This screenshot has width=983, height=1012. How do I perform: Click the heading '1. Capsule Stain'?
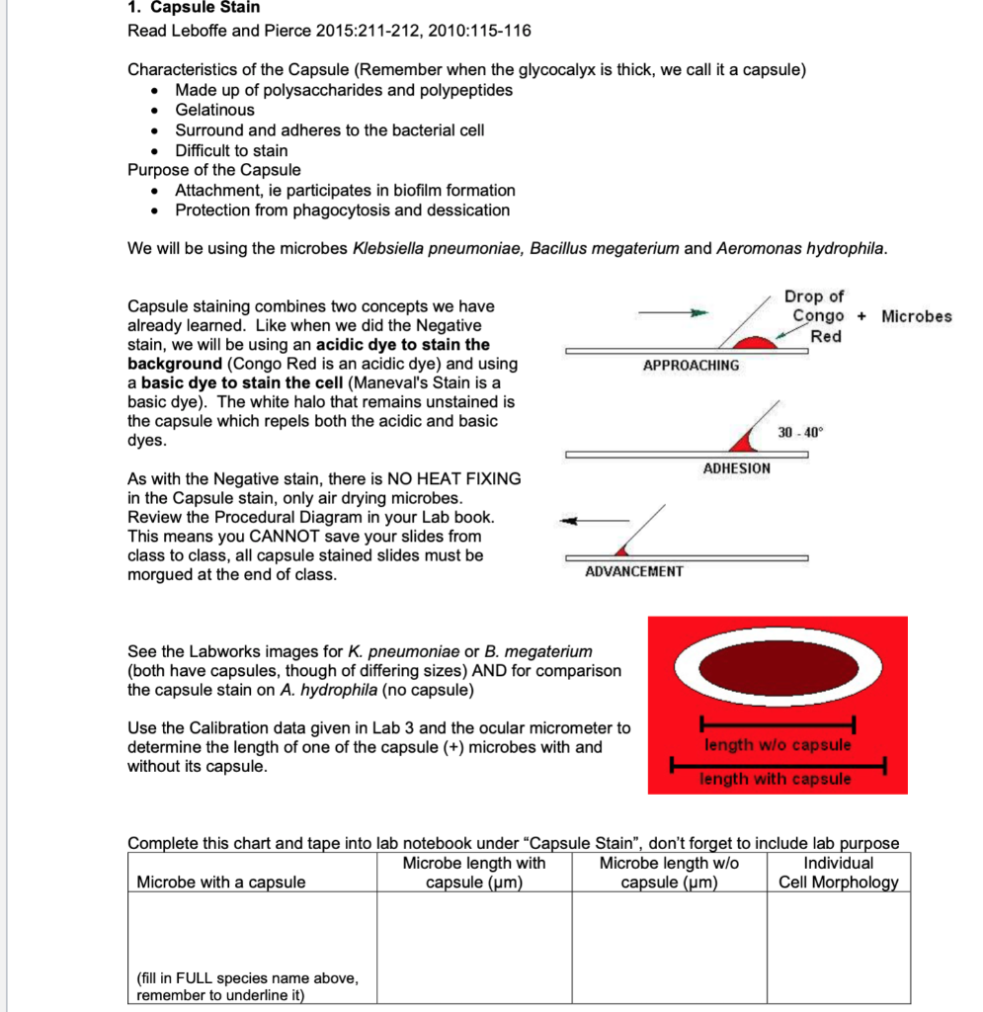coord(194,8)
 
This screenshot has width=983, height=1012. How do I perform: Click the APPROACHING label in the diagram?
coord(691,366)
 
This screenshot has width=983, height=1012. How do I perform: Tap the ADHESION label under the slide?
coord(736,468)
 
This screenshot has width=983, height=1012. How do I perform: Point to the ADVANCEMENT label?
coord(633,571)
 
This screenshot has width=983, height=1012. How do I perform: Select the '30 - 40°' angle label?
coord(799,433)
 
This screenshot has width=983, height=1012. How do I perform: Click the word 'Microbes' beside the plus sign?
coord(916,316)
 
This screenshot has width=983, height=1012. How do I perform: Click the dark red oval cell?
coord(777,668)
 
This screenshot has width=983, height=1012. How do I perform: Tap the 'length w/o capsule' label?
coord(777,744)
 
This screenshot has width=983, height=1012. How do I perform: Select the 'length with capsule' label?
coord(776,779)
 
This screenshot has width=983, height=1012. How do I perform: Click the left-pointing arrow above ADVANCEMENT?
coord(594,520)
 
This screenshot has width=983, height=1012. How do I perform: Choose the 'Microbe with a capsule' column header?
coord(221,883)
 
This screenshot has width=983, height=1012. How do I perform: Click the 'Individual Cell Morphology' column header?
coord(838,873)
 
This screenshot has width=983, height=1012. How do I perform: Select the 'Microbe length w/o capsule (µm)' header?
coord(669,873)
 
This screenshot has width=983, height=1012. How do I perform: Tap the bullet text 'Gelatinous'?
coord(214,111)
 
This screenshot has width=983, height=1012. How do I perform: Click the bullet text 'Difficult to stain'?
coord(231,151)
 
